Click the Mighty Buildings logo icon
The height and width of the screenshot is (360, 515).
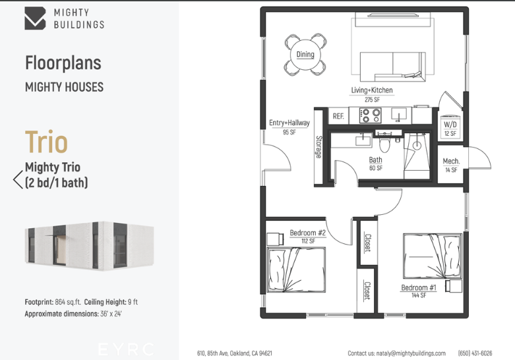click(35, 18)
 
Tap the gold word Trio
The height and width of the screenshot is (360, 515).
click(46, 142)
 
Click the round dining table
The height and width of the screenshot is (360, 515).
click(305, 55)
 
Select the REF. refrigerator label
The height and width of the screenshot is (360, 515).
click(338, 116)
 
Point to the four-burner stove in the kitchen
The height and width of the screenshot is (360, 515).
click(370, 115)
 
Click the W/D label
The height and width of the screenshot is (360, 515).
click(450, 125)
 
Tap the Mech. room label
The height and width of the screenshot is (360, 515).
click(451, 162)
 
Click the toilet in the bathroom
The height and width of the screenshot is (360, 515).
click(384, 142)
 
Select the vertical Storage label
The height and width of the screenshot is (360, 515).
click(318, 147)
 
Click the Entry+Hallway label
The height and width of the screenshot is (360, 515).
click(289, 123)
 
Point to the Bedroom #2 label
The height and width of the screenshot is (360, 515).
click(308, 233)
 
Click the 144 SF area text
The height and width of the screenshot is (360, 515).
click(419, 295)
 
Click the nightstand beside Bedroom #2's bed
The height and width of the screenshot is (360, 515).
click(275, 239)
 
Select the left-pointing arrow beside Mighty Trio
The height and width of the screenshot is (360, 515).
click(18, 179)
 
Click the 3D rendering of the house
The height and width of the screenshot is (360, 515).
click(89, 246)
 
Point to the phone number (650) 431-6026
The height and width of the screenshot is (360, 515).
click(475, 353)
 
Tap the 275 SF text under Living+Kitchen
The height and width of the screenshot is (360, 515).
click(372, 100)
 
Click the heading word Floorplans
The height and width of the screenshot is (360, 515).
click(63, 63)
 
